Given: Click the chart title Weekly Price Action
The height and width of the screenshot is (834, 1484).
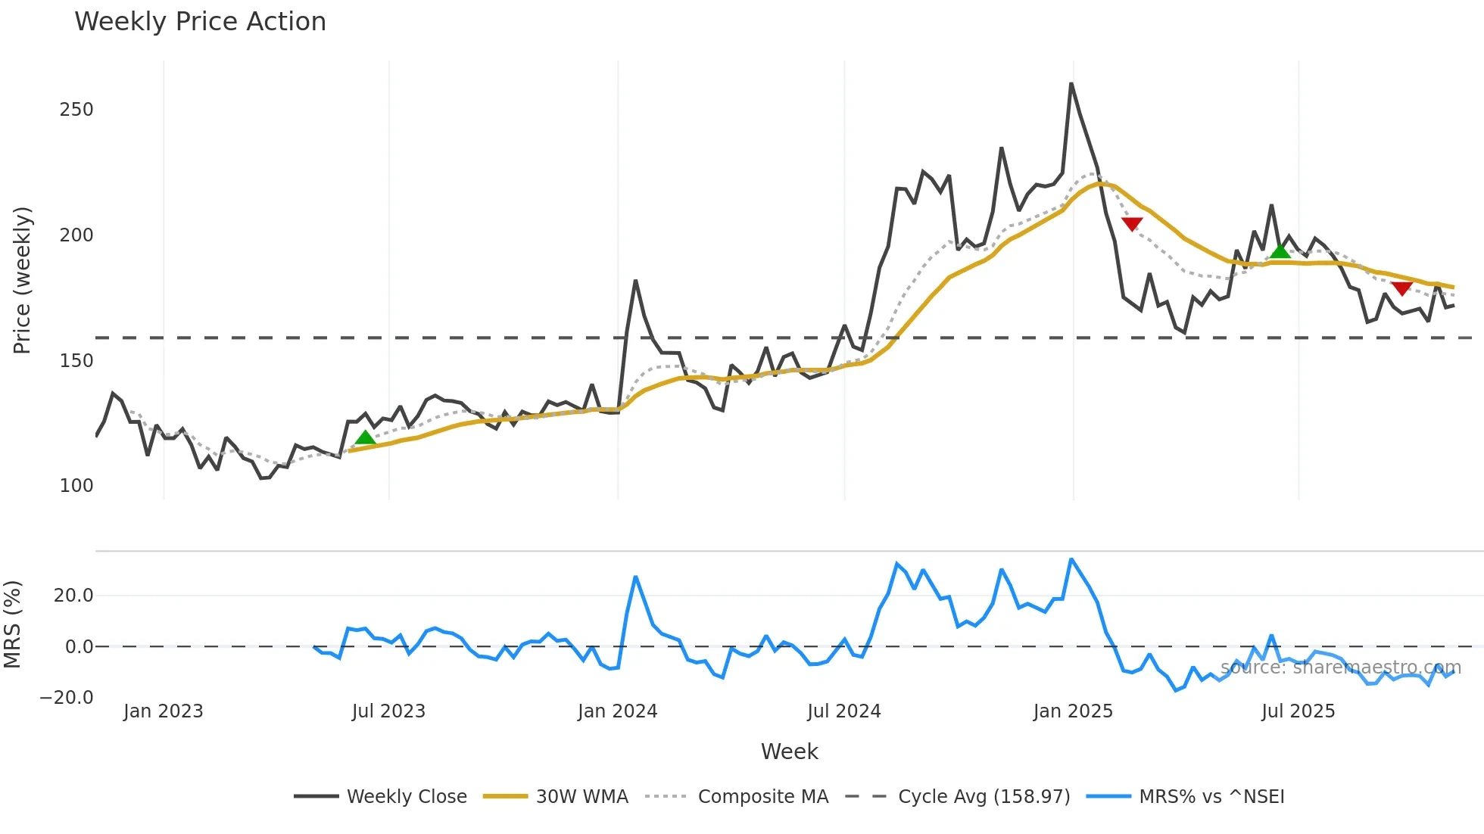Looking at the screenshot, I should pyautogui.click(x=200, y=22).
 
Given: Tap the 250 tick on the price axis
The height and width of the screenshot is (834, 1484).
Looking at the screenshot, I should pyautogui.click(x=76, y=110).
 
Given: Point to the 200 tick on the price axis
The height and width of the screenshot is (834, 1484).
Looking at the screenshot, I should pyautogui.click(x=76, y=235).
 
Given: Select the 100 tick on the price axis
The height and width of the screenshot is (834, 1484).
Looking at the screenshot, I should pyautogui.click(x=76, y=486).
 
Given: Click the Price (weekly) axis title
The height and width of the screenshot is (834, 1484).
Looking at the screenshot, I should pyautogui.click(x=22, y=280).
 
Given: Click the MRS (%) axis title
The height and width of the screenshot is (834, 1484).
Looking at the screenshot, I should pyautogui.click(x=12, y=624).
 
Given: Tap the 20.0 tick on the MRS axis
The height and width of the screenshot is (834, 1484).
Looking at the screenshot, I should pyautogui.click(x=73, y=596).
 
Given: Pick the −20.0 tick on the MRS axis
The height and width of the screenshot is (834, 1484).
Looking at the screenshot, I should pyautogui.click(x=67, y=698).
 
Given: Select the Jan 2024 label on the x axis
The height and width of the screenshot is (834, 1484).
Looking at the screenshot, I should pyautogui.click(x=617, y=711).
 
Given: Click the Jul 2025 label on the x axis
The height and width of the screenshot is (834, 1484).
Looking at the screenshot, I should pyautogui.click(x=1298, y=711).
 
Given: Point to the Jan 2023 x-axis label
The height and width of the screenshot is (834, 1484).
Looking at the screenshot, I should pyautogui.click(x=163, y=711).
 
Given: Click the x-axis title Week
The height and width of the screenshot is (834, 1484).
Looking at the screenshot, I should pyautogui.click(x=789, y=752).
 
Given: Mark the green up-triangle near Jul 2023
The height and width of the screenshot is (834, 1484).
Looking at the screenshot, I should pyautogui.click(x=365, y=437).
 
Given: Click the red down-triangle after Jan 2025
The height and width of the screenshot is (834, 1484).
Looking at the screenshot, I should pyautogui.click(x=1131, y=224).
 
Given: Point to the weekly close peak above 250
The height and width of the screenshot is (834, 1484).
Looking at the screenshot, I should pyautogui.click(x=1071, y=84).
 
